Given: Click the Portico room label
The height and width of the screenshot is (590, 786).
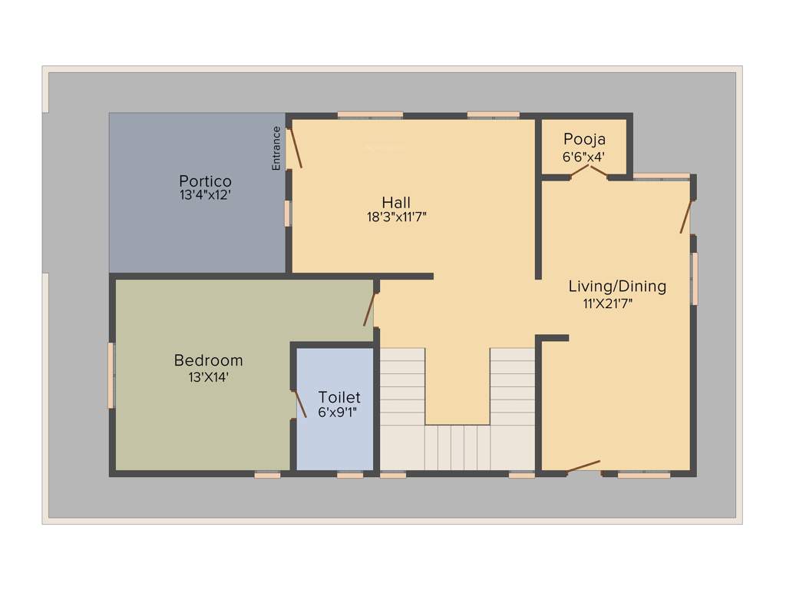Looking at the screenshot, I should coord(205,181).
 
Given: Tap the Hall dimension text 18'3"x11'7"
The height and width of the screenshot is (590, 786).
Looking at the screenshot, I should coord(396,217).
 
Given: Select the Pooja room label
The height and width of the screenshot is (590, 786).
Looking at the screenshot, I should coord(584,139).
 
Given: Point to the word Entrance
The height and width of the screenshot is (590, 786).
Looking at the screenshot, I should coord(276,147).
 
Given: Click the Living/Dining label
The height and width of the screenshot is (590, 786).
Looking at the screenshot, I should coord(617,287).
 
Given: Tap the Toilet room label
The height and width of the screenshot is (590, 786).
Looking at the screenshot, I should coord(339,397).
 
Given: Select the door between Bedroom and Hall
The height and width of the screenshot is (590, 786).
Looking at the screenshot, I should coord(369,310).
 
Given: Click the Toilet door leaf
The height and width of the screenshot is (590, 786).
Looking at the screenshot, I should coord(298,403).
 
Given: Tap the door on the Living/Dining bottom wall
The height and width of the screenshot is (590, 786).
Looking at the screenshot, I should coord(583,466).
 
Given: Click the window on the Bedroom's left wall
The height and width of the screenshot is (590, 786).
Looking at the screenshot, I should coord(111,376).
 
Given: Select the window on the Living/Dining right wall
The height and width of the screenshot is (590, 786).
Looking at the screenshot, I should coord(695,278).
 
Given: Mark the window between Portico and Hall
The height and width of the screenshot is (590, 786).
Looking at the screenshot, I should coord(288,213).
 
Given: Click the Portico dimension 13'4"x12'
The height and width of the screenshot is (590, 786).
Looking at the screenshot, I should coord(205,196).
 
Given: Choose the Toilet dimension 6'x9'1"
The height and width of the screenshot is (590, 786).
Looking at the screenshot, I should coord(339,413).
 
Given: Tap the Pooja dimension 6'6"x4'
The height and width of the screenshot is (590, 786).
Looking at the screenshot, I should coord(584,156).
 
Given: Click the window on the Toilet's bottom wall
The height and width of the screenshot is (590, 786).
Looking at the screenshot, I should coord(350,475).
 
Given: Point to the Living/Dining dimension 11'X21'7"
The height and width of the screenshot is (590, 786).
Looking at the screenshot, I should coord(607,303).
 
